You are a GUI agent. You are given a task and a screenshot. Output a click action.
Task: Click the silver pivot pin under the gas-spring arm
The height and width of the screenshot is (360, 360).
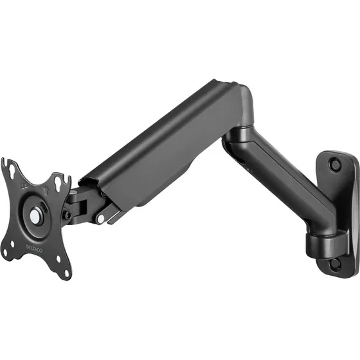tap(100, 219)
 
